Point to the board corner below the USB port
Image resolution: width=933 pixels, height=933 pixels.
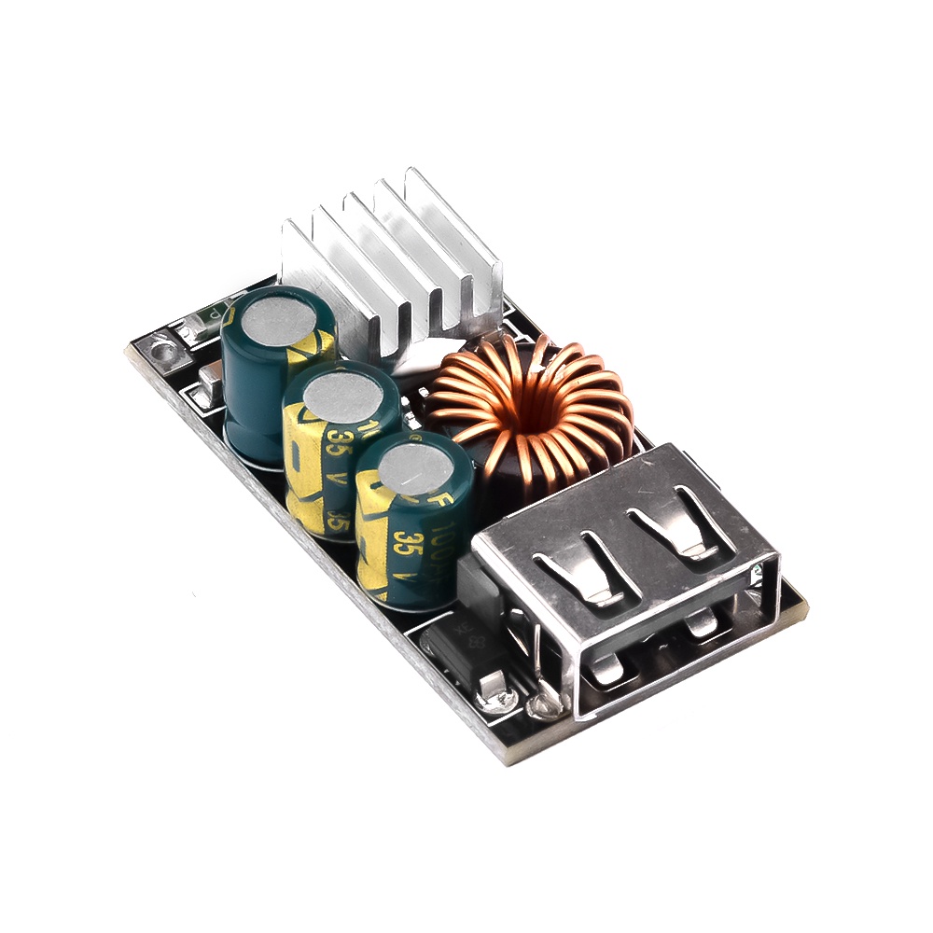508,751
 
